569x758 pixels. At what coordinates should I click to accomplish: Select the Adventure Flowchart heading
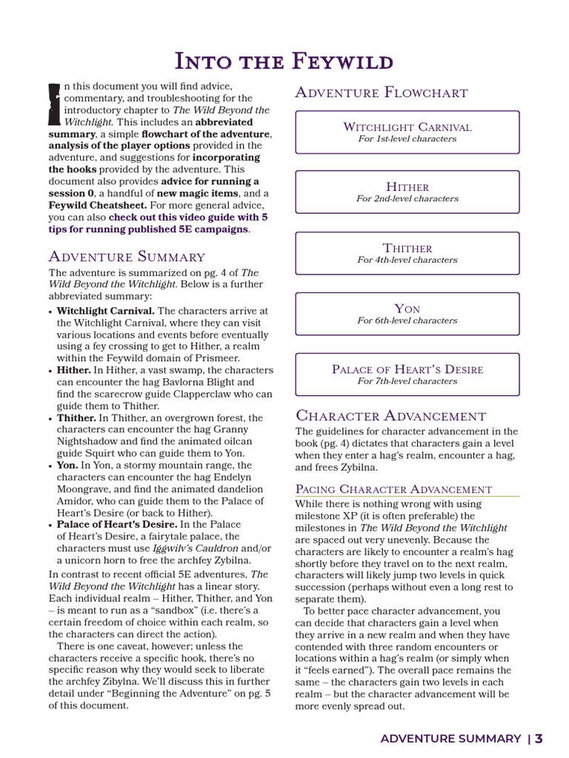point(382,93)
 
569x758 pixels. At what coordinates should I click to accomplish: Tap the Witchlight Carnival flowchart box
point(407,132)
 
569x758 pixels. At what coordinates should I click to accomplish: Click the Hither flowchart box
point(407,192)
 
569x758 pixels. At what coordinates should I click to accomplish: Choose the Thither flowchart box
point(407,253)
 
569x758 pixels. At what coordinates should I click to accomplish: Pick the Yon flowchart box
point(407,314)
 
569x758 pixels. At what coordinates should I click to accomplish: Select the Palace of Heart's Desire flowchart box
point(407,375)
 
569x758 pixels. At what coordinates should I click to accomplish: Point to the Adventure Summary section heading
point(127,257)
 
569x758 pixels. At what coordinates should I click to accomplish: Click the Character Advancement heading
point(390,415)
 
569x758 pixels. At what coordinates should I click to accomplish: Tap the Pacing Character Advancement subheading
point(393,489)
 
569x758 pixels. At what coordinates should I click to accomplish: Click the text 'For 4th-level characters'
point(407,260)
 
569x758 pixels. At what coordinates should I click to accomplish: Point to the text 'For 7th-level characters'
point(407,381)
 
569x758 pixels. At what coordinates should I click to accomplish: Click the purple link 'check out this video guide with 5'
point(188,218)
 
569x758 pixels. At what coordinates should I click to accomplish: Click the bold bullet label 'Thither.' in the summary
point(76,417)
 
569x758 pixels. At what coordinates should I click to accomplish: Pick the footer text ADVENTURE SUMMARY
point(450,739)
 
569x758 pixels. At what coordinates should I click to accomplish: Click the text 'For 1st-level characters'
point(407,138)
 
